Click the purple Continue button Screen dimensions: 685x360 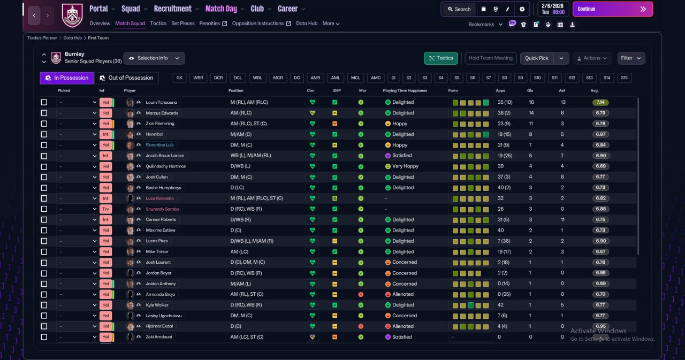coord(613,9)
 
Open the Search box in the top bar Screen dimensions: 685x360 coord(459,9)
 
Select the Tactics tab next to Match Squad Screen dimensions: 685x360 coord(158,24)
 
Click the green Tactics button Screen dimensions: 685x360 coord(440,58)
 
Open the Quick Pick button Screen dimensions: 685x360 coord(536,58)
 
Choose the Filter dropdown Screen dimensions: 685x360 coord(631,58)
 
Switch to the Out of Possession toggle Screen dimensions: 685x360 coord(127,78)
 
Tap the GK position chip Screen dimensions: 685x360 coord(179,78)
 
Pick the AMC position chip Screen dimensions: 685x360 coord(376,78)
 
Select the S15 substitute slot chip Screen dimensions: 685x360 coord(624,78)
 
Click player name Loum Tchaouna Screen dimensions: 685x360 coord(161,102)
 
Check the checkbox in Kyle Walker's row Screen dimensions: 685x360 coord(44,305)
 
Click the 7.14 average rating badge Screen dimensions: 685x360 coord(600,102)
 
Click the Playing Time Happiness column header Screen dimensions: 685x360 coord(405,90)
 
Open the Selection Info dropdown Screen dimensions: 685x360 coord(154,58)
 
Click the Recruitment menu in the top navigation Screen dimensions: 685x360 coord(173,9)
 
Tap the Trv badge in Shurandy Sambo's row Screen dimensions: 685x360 coord(105,209)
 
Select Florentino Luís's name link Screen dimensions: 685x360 coord(159,145)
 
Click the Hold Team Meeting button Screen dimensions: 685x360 coord(491,58)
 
